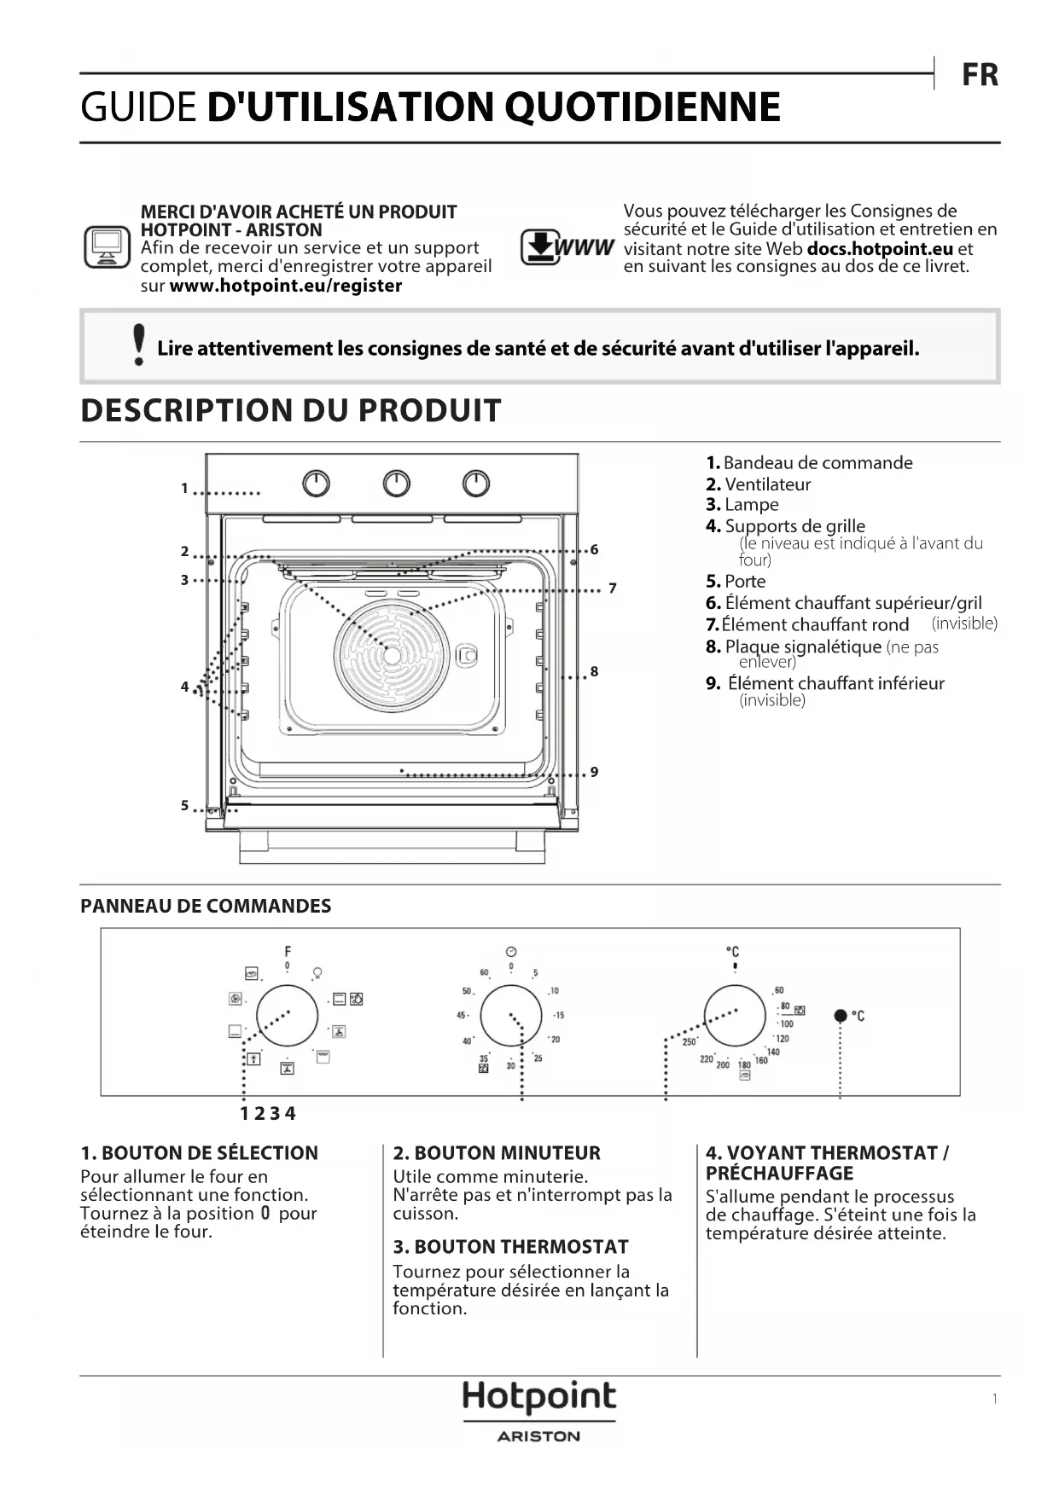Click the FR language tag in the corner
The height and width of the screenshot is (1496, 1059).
[x=980, y=75]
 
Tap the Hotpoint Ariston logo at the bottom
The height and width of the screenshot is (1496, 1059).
[x=538, y=1411]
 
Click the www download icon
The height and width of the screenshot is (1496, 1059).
[x=567, y=247]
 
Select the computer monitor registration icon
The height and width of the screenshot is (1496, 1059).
[x=107, y=247]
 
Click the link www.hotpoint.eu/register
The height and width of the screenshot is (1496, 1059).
[x=285, y=286]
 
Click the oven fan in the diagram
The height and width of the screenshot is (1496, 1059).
[x=392, y=655]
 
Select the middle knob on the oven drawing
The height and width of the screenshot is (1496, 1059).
[x=396, y=484]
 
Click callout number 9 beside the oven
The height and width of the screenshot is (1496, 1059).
[x=594, y=772]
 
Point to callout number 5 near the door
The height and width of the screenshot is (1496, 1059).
[x=184, y=805]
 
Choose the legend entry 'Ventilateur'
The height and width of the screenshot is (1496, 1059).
[x=767, y=484]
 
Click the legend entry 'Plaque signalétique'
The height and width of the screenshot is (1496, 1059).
[x=802, y=647]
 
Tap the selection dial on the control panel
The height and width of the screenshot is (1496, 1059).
[x=287, y=1016]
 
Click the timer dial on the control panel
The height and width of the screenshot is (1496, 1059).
[x=510, y=1016]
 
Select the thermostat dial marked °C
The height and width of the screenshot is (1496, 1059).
[x=735, y=1016]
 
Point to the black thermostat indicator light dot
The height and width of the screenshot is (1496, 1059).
[x=841, y=1015]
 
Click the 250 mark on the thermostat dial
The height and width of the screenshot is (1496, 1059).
[x=690, y=1041]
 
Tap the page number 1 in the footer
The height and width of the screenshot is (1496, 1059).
[x=994, y=1399]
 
